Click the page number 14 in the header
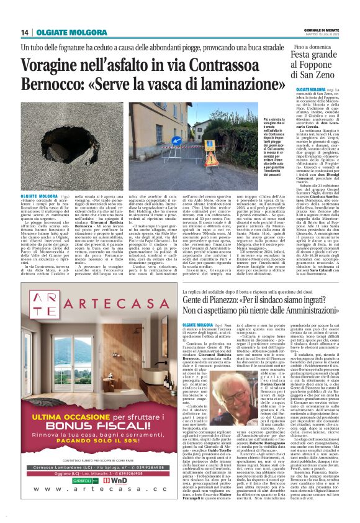click(25, 32)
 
